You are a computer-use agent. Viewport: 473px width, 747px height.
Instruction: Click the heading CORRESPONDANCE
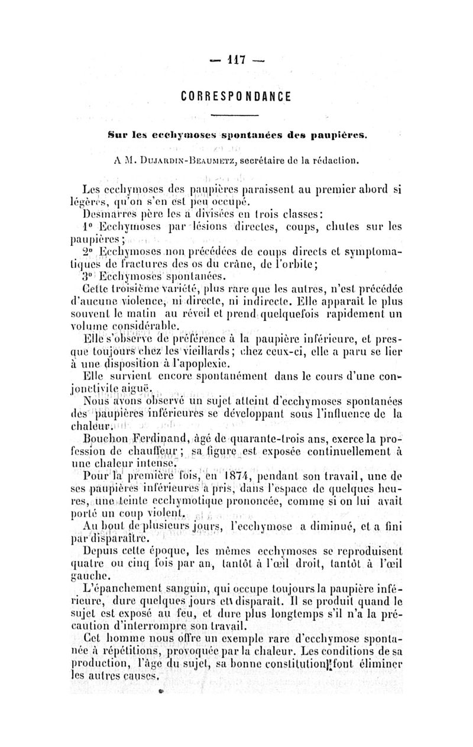click(237, 95)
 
